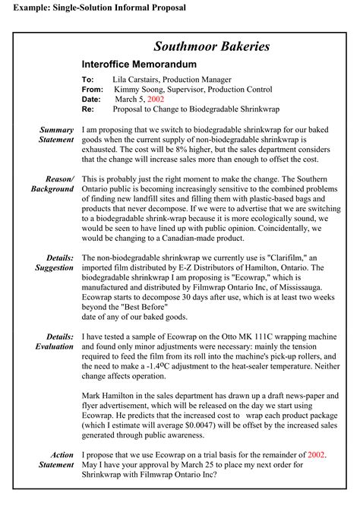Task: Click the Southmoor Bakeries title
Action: coord(211,47)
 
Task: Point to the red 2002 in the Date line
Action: coord(156,99)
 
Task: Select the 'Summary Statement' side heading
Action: coord(57,134)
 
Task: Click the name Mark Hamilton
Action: coord(109,397)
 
